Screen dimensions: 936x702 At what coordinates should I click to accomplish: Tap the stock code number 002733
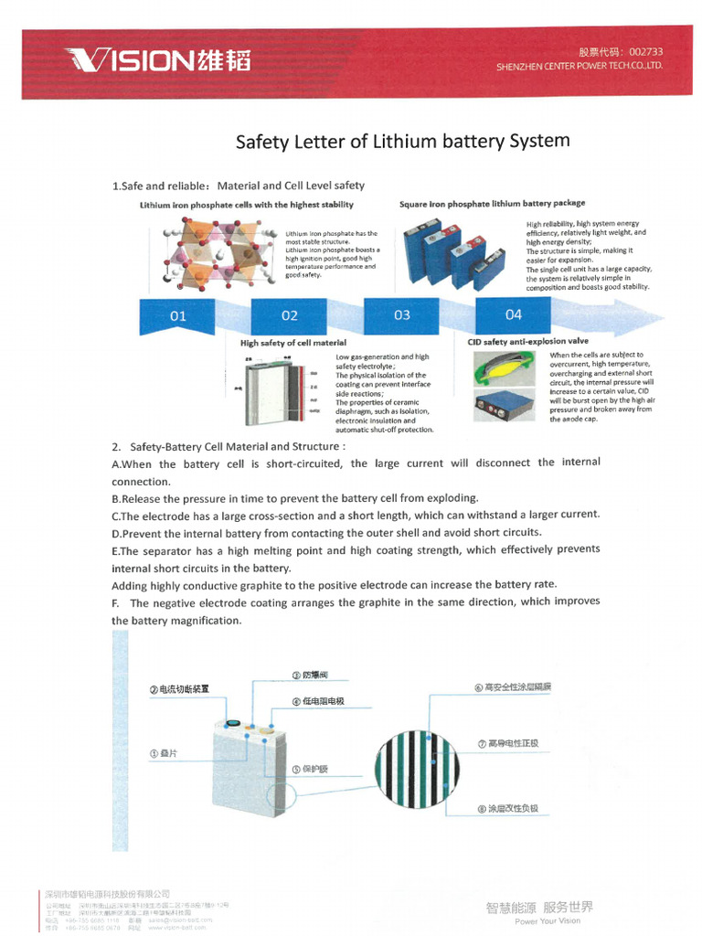point(644,52)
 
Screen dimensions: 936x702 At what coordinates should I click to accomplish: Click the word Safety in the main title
point(264,142)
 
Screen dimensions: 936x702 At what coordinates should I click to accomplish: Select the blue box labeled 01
point(178,315)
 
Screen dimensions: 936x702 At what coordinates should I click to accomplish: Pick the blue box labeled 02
point(290,315)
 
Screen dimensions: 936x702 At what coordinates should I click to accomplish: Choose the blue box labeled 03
point(402,314)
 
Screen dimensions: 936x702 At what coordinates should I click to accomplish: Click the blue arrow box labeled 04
point(514,314)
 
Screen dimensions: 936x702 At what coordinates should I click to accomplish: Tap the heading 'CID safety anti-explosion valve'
point(527,342)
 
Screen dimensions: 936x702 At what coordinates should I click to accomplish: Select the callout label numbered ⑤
point(309,769)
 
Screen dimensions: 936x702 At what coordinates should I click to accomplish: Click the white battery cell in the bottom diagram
point(247,768)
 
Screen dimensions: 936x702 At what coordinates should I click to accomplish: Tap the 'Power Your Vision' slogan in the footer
point(547,920)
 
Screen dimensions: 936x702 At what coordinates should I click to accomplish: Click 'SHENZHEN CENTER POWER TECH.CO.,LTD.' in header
point(580,67)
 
